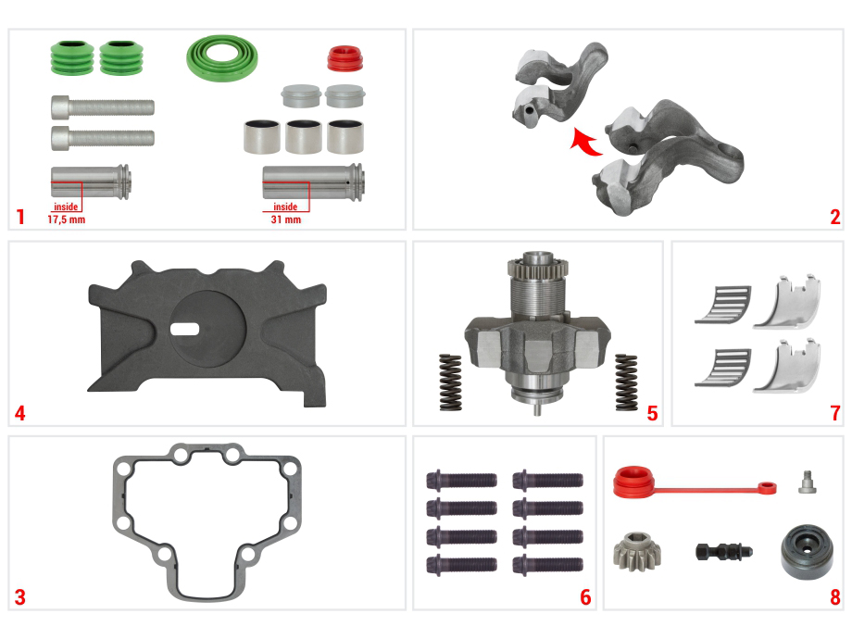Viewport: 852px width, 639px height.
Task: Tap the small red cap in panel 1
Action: point(345,58)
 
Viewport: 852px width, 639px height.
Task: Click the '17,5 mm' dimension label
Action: point(67,219)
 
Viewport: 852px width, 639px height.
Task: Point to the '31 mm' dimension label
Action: point(286,219)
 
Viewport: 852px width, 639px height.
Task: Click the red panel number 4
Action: point(20,413)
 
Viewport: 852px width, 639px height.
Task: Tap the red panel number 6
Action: point(585,596)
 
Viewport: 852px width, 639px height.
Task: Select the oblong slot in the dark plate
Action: point(184,329)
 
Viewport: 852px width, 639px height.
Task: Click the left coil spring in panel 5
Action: point(450,382)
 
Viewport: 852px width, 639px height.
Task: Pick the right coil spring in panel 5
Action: point(626,382)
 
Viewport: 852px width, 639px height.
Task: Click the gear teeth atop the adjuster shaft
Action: point(538,267)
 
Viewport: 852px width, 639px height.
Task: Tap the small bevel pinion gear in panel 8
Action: point(637,553)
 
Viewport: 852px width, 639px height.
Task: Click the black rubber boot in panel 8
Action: point(807,552)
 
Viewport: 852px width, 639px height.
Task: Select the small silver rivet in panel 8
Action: point(808,482)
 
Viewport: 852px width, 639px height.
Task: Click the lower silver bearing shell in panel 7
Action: point(787,366)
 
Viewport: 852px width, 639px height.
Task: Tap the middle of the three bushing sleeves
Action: point(303,136)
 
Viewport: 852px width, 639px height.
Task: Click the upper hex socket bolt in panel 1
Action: point(103,106)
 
